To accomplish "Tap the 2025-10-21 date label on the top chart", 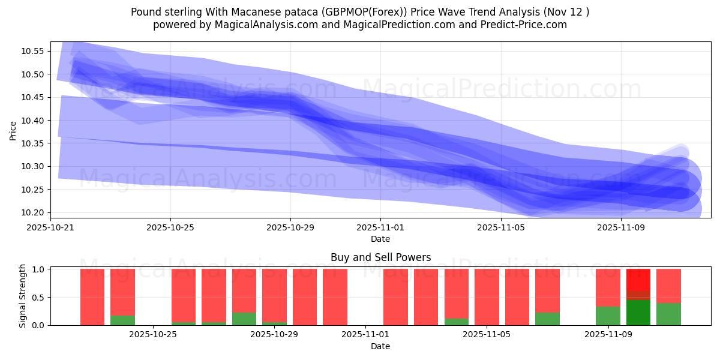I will pos(50,228).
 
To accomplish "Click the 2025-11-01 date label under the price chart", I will pos(380,228).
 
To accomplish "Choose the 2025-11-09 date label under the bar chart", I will pos(608,335).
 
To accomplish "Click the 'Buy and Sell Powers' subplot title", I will pos(380,257).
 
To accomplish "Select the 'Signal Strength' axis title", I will pos(22,296).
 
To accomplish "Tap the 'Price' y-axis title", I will pos(13,130).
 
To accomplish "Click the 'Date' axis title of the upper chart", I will pos(380,239).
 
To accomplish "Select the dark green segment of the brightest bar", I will pos(638,313).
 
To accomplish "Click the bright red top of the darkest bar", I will pos(638,280).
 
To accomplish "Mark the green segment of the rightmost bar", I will pos(668,314).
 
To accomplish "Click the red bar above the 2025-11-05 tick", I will pos(487,297).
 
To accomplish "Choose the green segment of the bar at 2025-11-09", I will pos(608,316).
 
